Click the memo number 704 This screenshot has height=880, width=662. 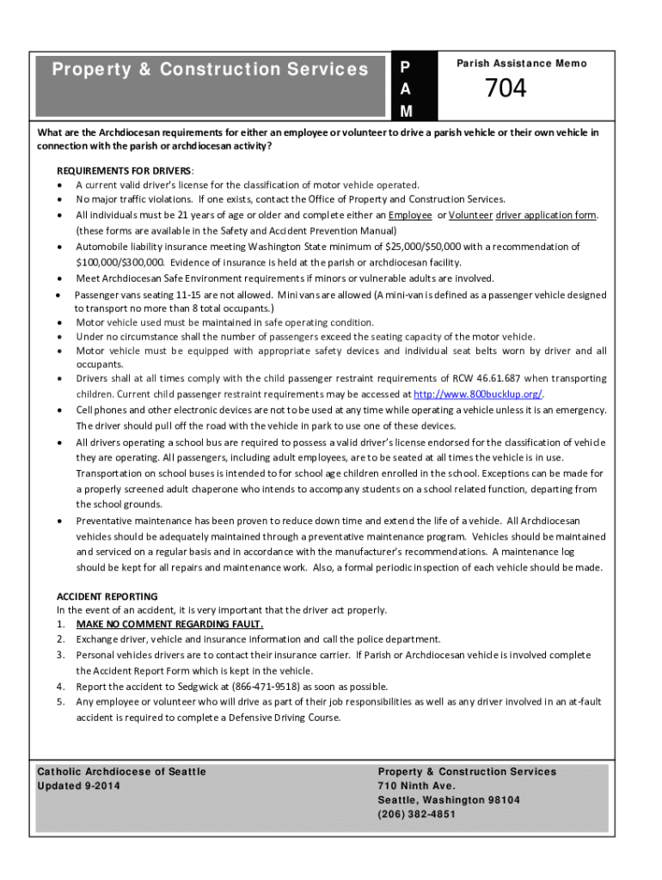tap(506, 89)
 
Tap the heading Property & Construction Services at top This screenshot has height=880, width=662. tap(210, 70)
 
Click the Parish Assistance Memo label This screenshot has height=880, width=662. tap(521, 64)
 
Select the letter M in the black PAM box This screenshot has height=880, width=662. tap(406, 111)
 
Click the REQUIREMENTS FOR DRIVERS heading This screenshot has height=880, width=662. tap(125, 170)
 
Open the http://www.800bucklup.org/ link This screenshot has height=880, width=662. tap(478, 394)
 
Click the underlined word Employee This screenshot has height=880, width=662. tap(410, 215)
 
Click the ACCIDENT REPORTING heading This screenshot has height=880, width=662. tap(107, 596)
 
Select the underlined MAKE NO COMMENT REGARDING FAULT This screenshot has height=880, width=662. tap(169, 624)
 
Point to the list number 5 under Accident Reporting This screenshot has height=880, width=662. tap(61, 702)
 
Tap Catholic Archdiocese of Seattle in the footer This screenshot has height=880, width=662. tap(121, 772)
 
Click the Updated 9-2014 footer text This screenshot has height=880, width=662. tap(79, 786)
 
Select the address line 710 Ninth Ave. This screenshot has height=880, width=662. tap(417, 786)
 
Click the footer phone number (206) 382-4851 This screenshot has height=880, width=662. tap(417, 815)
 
